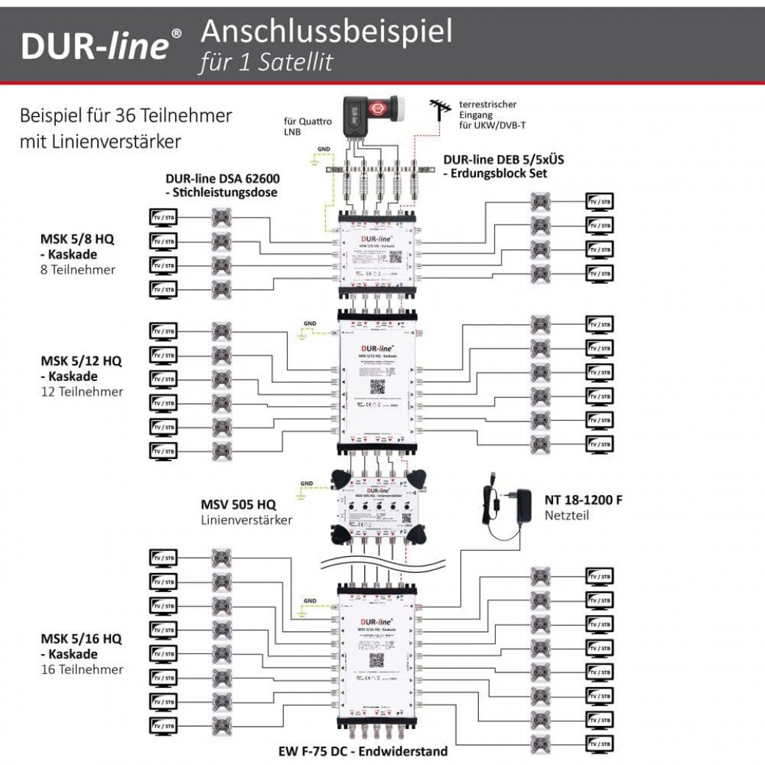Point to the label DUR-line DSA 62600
tap(223, 178)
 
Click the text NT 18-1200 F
tap(583, 500)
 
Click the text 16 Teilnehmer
tap(82, 669)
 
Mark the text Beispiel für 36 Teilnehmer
tap(127, 116)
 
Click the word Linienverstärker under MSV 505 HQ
tap(246, 520)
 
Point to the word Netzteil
tap(567, 516)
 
